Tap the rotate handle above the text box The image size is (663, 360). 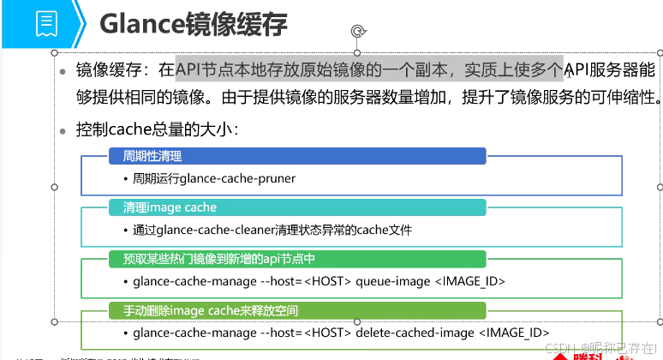coord(358,33)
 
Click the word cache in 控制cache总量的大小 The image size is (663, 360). coord(128,129)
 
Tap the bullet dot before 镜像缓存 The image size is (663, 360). coord(63,71)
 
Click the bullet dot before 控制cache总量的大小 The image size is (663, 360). coord(63,130)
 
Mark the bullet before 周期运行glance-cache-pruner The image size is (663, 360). coord(125,179)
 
